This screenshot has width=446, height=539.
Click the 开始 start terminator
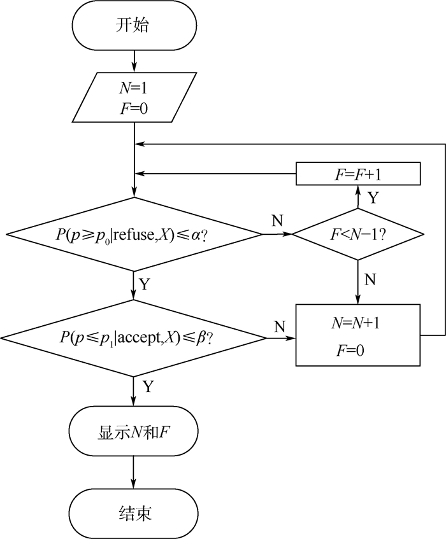click(x=134, y=27)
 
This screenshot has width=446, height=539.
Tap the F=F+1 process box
click(x=357, y=172)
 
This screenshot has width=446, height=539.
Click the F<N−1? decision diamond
click(x=357, y=234)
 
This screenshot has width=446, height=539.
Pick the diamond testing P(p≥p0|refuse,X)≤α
click(x=134, y=234)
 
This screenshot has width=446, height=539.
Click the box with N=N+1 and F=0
click(x=357, y=335)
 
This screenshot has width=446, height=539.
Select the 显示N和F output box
click(x=134, y=433)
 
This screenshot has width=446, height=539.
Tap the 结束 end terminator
click(x=134, y=513)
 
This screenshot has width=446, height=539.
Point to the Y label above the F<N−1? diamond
click(x=373, y=197)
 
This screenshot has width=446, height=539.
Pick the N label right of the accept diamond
click(x=280, y=326)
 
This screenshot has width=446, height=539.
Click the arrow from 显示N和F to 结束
click(x=134, y=473)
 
